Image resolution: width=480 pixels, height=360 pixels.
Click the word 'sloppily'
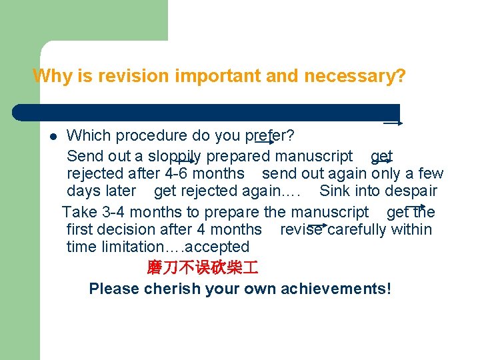(175, 157)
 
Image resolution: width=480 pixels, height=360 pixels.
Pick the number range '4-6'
(178, 174)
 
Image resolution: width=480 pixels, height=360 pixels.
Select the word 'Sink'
(335, 191)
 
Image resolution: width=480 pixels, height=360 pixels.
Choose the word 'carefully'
(360, 230)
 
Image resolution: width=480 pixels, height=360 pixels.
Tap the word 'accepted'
(221, 247)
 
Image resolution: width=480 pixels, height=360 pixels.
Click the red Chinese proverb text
(202, 268)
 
